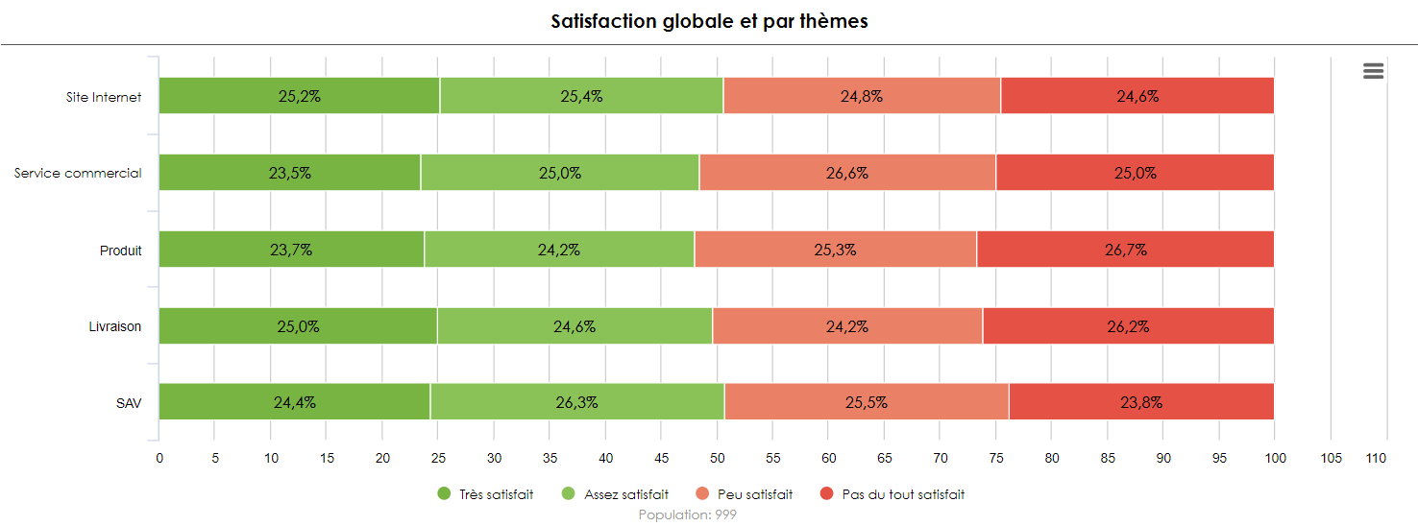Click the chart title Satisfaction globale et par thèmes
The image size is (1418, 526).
[x=709, y=21]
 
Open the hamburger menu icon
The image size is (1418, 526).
[x=1373, y=71]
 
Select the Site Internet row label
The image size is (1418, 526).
[x=104, y=97]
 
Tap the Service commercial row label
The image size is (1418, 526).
[x=78, y=174]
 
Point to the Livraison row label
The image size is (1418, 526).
[x=115, y=326]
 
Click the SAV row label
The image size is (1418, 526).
[x=129, y=403]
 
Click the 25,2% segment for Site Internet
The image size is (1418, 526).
[x=299, y=96]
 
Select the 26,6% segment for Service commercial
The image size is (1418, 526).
[x=846, y=173]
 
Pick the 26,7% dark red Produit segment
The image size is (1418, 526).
[x=1125, y=250]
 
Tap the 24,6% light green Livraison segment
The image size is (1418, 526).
[x=575, y=326]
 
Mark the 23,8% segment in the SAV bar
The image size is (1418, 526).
[x=1141, y=402]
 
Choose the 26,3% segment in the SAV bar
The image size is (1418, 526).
[x=576, y=402]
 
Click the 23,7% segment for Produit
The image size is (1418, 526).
[x=291, y=250]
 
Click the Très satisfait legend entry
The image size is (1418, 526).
[x=485, y=494]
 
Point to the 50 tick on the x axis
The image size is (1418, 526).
[x=718, y=459]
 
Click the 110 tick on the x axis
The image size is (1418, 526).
[x=1376, y=459]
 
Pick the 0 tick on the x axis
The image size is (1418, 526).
[x=159, y=459]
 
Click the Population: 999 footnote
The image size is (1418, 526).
[x=687, y=515]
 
